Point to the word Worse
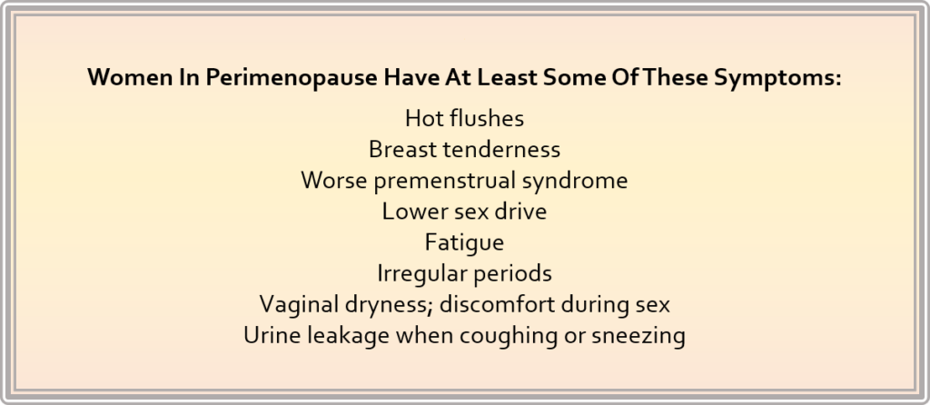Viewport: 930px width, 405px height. point(334,181)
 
